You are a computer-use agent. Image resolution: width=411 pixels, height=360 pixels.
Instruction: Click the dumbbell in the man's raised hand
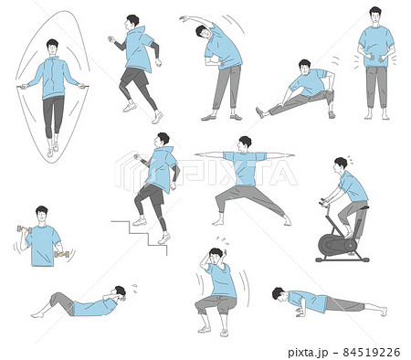(x=25, y=229)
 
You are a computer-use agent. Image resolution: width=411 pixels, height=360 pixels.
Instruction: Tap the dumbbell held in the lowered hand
(x=62, y=254)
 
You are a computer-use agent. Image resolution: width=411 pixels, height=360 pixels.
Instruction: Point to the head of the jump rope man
(x=52, y=48)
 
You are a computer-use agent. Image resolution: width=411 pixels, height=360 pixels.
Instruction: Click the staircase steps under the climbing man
(x=139, y=237)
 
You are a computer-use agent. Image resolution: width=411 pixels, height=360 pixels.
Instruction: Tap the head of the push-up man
(x=279, y=294)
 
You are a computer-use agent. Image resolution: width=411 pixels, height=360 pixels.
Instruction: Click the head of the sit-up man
(x=120, y=293)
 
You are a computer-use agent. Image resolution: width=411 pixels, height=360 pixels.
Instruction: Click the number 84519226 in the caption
(x=371, y=353)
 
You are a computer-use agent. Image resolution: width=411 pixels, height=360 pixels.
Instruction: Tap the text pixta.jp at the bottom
(x=308, y=353)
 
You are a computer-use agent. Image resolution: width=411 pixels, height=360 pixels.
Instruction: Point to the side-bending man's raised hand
(x=183, y=18)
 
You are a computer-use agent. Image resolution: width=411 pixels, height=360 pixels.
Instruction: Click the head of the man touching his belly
(x=375, y=16)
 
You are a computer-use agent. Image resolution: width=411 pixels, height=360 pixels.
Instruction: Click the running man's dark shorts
(x=134, y=77)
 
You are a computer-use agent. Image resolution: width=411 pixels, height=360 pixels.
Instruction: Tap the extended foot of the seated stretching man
(x=260, y=112)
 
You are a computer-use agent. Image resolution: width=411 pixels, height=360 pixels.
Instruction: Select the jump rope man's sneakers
(x=52, y=150)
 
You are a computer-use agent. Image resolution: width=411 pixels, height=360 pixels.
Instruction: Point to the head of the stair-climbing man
(x=162, y=141)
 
